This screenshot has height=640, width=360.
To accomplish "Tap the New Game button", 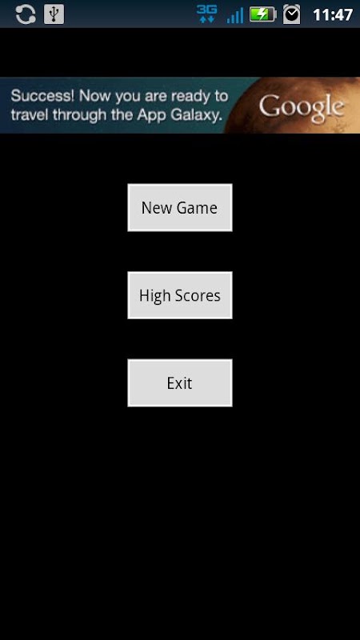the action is tap(179, 207).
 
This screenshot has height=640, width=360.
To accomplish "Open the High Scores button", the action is tap(179, 295).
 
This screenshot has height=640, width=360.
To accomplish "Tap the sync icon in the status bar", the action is tap(26, 14).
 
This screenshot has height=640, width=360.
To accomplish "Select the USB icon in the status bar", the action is tap(54, 14).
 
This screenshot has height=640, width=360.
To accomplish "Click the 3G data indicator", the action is tap(206, 14).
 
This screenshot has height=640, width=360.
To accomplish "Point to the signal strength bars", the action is tap(235, 15).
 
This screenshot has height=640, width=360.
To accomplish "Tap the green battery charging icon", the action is tap(263, 14).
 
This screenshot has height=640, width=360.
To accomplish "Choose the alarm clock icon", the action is tap(291, 14).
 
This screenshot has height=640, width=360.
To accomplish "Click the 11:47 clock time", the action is tap(333, 15).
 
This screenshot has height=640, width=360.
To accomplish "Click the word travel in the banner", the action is tap(30, 115).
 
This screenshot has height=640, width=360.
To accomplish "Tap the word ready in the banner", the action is tap(187, 97).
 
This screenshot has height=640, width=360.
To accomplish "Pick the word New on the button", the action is tap(152, 208).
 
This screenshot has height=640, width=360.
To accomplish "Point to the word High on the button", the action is tap(155, 295).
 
